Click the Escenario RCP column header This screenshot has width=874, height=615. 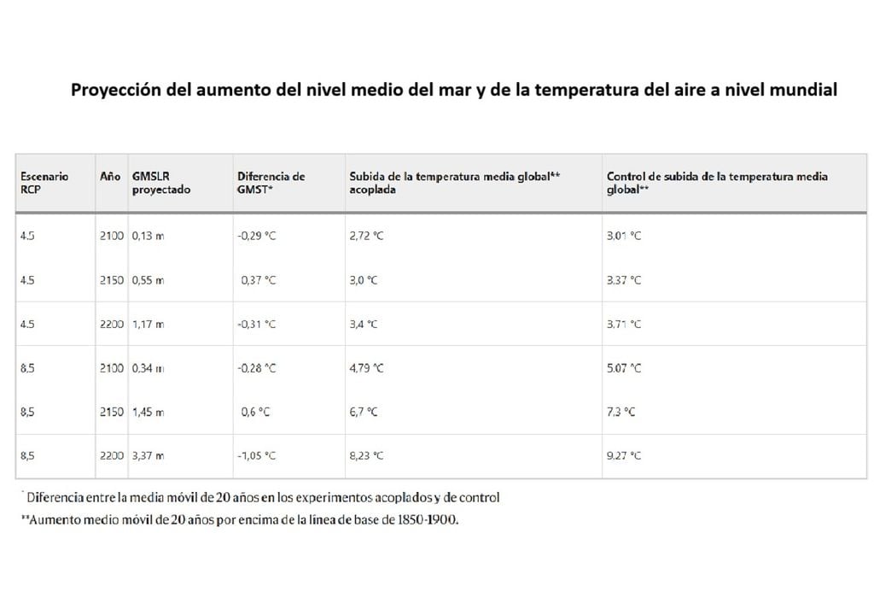pyautogui.click(x=44, y=183)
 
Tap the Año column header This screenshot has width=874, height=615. pyautogui.click(x=110, y=177)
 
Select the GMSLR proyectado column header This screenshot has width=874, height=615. pyautogui.click(x=161, y=183)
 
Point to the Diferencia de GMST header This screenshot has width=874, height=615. pyautogui.click(x=271, y=183)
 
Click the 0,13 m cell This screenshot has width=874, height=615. pyautogui.click(x=149, y=236)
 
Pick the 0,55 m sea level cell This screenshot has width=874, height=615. pyautogui.click(x=149, y=280)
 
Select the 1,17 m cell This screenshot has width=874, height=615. pyautogui.click(x=149, y=325)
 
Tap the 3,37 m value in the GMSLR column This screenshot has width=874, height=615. pyautogui.click(x=149, y=456)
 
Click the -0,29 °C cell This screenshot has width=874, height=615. pyautogui.click(x=257, y=236)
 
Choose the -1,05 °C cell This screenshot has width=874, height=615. pyautogui.click(x=257, y=456)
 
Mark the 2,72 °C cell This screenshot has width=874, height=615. pyautogui.click(x=366, y=236)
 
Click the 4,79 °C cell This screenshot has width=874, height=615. pyautogui.click(x=366, y=368)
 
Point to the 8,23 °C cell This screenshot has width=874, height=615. pyautogui.click(x=366, y=456)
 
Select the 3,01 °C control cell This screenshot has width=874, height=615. pyautogui.click(x=624, y=236)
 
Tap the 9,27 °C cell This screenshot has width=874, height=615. pyautogui.click(x=624, y=456)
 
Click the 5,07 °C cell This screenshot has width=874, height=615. pyautogui.click(x=624, y=368)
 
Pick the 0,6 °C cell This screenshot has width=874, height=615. pyautogui.click(x=256, y=412)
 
